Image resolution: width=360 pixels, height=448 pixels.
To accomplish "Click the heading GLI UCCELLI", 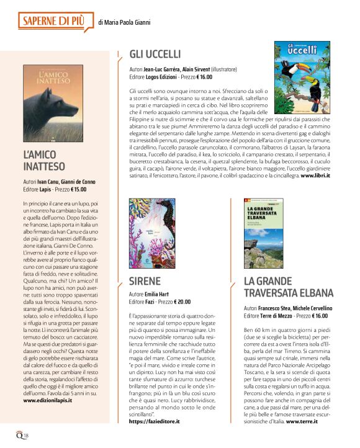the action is pos(155,53).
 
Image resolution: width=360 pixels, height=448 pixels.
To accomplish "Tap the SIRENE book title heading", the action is pos(145,281).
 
